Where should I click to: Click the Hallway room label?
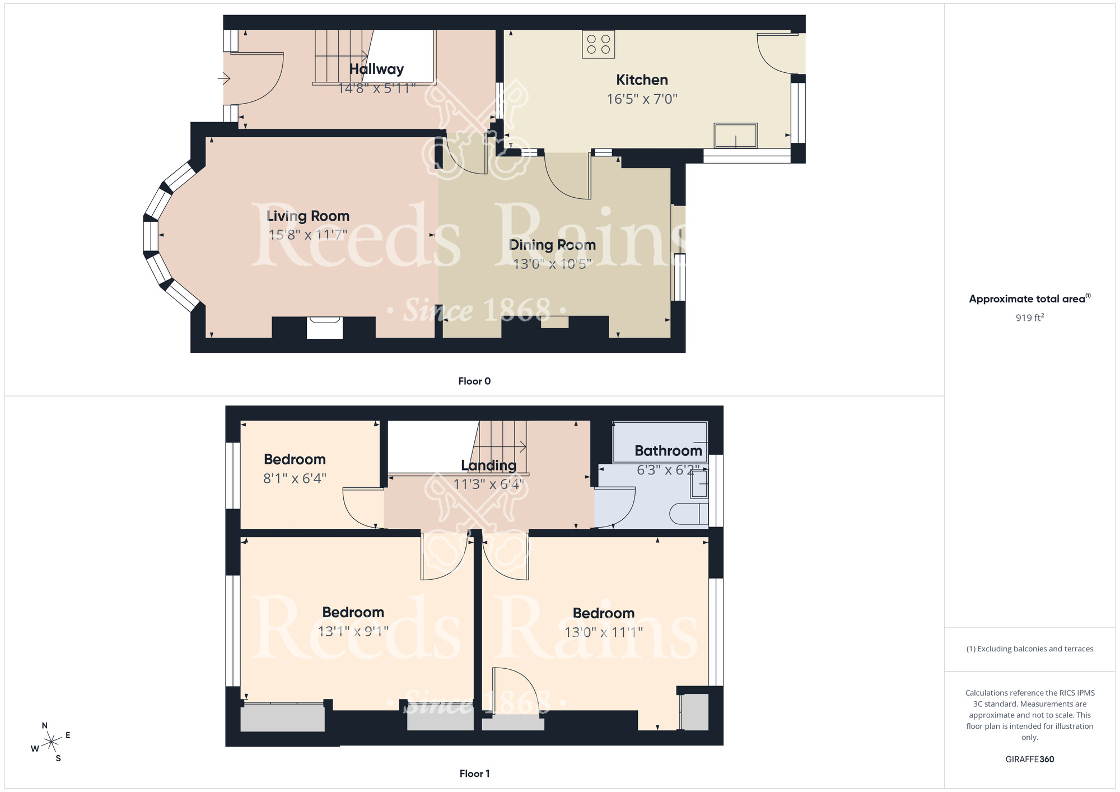click(x=376, y=69)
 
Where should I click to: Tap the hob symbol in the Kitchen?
click(x=598, y=44)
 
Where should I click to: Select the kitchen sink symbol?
click(x=735, y=136)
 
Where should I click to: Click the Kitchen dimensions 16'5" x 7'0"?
click(x=642, y=99)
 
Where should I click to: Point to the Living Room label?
click(x=308, y=216)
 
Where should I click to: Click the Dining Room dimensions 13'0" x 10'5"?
click(x=552, y=264)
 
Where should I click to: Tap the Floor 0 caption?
click(x=474, y=381)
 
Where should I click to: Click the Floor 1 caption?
click(x=474, y=774)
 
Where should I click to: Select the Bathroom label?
click(x=668, y=451)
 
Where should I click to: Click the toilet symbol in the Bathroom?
click(x=689, y=514)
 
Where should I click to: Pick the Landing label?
click(x=488, y=465)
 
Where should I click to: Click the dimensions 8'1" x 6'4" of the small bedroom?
click(x=295, y=478)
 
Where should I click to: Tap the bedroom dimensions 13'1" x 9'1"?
click(x=353, y=631)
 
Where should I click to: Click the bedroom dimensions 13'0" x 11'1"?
click(x=604, y=632)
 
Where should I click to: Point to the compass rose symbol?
click(x=51, y=743)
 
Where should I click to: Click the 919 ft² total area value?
click(x=1029, y=318)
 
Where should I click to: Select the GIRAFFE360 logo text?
click(x=1029, y=760)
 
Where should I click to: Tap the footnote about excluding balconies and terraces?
click(x=1029, y=649)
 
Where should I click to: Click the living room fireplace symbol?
click(x=325, y=328)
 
